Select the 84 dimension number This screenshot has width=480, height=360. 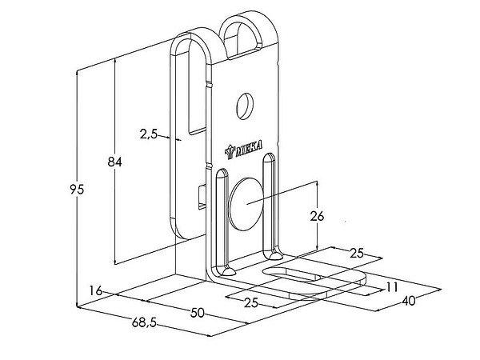(x=114, y=162)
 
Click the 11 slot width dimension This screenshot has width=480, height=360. (x=391, y=286)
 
